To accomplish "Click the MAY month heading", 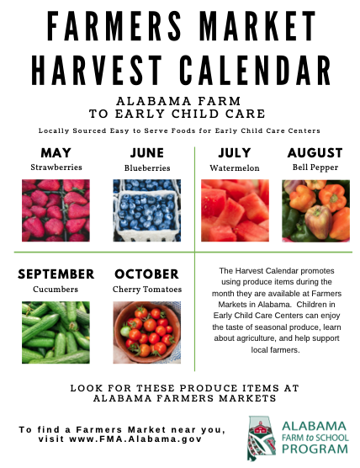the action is pyautogui.click(x=56, y=153).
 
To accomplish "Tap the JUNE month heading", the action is pyautogui.click(x=147, y=153).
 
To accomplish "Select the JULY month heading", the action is pyautogui.click(x=235, y=153).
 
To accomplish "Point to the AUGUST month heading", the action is pyautogui.click(x=315, y=153).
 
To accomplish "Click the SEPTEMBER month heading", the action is pyautogui.click(x=56, y=274).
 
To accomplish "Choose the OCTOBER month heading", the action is pyautogui.click(x=146, y=274).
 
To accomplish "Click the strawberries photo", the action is pyautogui.click(x=56, y=210).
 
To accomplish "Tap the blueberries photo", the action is pyautogui.click(x=146, y=210).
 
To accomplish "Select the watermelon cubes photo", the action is pyautogui.click(x=235, y=210).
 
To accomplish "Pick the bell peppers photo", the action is pyautogui.click(x=316, y=210).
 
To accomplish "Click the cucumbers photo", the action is pyautogui.click(x=56, y=332).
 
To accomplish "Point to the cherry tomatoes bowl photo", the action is pyautogui.click(x=146, y=332).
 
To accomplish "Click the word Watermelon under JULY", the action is pyautogui.click(x=235, y=168).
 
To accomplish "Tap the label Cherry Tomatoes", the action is pyautogui.click(x=147, y=290).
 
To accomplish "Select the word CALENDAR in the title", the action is pyautogui.click(x=255, y=71).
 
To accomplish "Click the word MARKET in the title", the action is pyautogui.click(x=257, y=26).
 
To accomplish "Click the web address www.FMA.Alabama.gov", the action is pyautogui.click(x=135, y=439).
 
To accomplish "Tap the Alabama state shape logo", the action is pyautogui.click(x=262, y=439).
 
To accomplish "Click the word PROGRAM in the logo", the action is pyautogui.click(x=315, y=449).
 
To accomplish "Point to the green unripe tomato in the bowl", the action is pyautogui.click(x=125, y=331).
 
